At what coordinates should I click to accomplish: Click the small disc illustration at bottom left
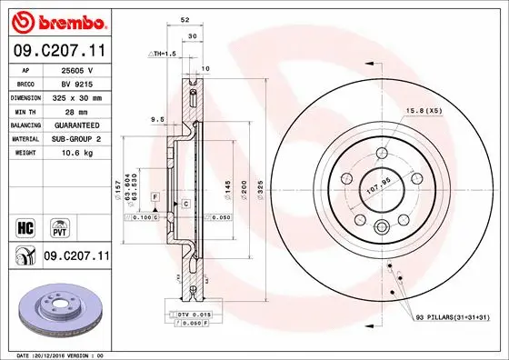pyautogui.click(x=56, y=314)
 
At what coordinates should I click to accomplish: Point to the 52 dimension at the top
pyautogui.click(x=185, y=18)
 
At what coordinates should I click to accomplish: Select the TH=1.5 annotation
pyautogui.click(x=161, y=55)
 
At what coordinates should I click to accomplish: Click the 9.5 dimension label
pyautogui.click(x=156, y=117)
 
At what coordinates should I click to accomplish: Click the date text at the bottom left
pyautogui.click(x=56, y=355)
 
